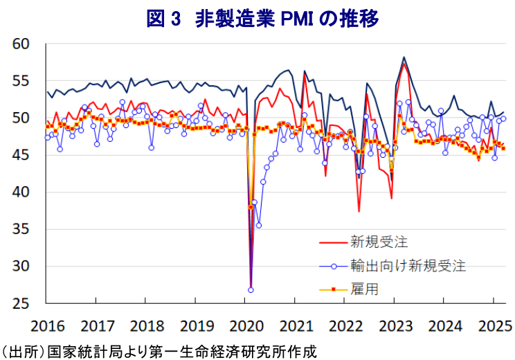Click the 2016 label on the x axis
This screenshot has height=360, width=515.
coord(46,325)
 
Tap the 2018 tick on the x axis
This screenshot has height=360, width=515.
coord(147,325)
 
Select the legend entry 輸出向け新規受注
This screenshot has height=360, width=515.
coord(408,265)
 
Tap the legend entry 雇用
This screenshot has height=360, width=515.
coord(365,289)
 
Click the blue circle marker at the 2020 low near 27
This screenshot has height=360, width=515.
coord(251,289)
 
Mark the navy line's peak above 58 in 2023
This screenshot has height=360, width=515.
coord(404,57)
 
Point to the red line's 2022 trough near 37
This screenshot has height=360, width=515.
coord(359,211)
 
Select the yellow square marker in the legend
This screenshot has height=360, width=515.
coord(332,289)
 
